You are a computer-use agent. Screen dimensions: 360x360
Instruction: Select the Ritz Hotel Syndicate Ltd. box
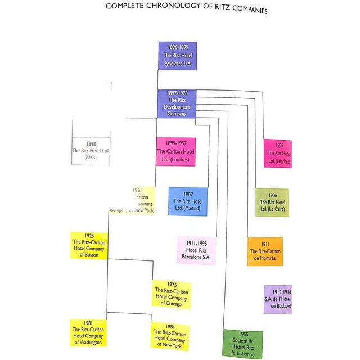(177, 56)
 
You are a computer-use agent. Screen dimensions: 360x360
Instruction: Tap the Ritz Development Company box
(177, 103)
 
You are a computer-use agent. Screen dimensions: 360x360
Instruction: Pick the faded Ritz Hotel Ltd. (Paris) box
(91, 151)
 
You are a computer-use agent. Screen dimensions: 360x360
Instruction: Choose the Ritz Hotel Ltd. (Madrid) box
(187, 201)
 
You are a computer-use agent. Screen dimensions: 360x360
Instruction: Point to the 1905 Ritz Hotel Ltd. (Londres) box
(278, 154)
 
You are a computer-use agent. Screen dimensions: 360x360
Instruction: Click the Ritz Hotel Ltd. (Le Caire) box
(272, 202)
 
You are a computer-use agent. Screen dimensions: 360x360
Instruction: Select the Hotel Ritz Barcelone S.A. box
(196, 250)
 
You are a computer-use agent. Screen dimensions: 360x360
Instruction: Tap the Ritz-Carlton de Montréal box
(265, 251)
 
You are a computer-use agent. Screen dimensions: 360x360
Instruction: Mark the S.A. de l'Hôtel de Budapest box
(278, 299)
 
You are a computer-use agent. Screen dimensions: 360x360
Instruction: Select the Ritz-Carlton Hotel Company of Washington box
(88, 333)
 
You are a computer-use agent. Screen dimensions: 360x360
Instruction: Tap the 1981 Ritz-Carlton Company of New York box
(170, 336)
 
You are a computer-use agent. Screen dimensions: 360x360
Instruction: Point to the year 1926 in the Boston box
(89, 236)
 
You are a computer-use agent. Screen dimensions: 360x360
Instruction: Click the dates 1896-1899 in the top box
(177, 48)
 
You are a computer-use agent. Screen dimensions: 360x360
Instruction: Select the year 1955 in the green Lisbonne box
(243, 334)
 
